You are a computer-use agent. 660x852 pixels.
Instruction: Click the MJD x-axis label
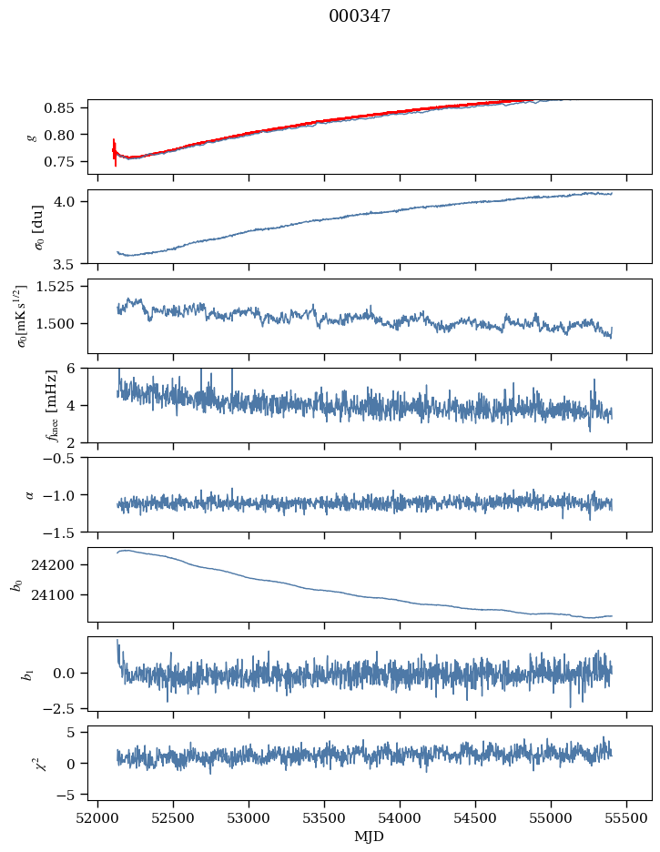coord(369,836)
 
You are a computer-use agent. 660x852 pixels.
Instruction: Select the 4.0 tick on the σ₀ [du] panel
coord(72,201)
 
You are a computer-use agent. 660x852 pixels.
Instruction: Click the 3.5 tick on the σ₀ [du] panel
coord(72,264)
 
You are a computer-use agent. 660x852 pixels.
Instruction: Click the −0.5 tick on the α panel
coord(66,458)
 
